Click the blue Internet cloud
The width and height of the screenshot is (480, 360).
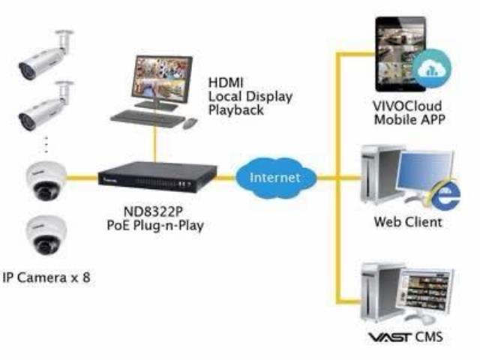point(276,177)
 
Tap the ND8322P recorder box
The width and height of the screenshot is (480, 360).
point(157,177)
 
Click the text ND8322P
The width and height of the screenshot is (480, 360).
point(153,211)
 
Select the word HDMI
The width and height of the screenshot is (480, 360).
point(226,82)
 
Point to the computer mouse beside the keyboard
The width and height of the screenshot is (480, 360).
point(190,123)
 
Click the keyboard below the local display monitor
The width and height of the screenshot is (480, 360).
point(148,118)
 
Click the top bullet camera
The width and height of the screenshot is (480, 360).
point(46,55)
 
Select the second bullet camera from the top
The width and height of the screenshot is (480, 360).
point(46,106)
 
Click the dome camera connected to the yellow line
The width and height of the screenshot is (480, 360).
point(46,181)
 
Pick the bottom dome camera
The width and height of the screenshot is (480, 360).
point(46,235)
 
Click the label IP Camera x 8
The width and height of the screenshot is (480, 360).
point(46,277)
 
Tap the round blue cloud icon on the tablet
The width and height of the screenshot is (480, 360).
point(432,68)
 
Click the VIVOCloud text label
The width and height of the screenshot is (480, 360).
point(407,106)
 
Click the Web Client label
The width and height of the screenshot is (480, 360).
point(408,222)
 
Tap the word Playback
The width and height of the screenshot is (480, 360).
point(235,110)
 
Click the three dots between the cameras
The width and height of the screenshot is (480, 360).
point(46,145)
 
